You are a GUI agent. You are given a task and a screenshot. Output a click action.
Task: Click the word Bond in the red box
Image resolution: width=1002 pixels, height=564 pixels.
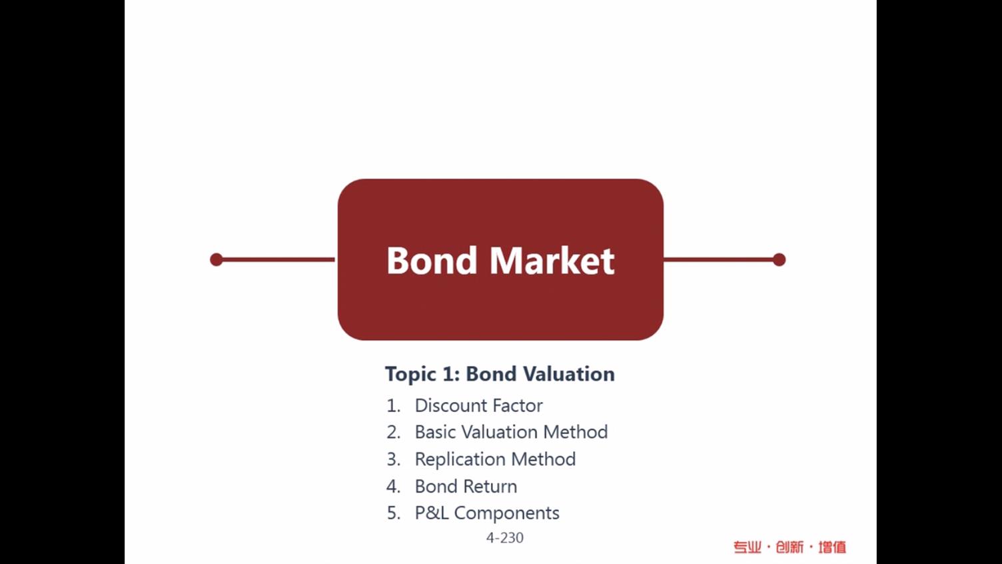(x=432, y=260)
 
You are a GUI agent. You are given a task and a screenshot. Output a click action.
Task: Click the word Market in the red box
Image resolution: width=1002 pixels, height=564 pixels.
(x=552, y=260)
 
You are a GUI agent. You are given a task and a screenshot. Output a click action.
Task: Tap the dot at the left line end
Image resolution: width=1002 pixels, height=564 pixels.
(x=217, y=259)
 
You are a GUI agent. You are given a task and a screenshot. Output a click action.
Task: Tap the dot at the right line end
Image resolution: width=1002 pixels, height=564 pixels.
(x=779, y=259)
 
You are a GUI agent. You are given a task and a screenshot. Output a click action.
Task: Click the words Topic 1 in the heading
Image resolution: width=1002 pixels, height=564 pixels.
(x=422, y=374)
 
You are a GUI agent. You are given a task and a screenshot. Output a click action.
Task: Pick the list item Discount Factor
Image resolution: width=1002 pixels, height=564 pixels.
(x=478, y=405)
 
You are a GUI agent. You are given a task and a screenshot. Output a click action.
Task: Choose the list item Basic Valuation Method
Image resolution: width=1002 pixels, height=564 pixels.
(x=511, y=432)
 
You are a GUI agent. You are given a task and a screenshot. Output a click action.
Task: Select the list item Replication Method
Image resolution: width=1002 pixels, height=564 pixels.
(x=495, y=459)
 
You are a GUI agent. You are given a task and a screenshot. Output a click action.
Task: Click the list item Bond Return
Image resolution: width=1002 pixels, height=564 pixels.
(x=466, y=487)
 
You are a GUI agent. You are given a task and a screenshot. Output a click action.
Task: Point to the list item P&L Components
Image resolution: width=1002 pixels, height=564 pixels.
(x=487, y=513)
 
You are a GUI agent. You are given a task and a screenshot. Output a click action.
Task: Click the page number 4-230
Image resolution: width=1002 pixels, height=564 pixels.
(x=505, y=537)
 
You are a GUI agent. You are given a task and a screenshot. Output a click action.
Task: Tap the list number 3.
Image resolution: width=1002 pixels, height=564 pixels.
(x=393, y=459)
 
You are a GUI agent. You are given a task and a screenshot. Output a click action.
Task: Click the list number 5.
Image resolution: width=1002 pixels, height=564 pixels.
(x=393, y=513)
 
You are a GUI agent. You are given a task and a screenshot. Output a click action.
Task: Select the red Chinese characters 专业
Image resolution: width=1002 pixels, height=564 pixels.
(x=748, y=547)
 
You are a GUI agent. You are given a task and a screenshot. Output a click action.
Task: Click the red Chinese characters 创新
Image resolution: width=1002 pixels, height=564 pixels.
(x=789, y=547)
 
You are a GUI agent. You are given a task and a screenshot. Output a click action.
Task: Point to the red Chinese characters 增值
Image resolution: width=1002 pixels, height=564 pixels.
(x=832, y=547)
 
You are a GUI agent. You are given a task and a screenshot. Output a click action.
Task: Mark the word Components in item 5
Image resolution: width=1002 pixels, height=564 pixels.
(x=506, y=513)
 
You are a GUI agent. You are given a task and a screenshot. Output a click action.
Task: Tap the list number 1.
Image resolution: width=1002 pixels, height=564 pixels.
(x=393, y=405)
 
